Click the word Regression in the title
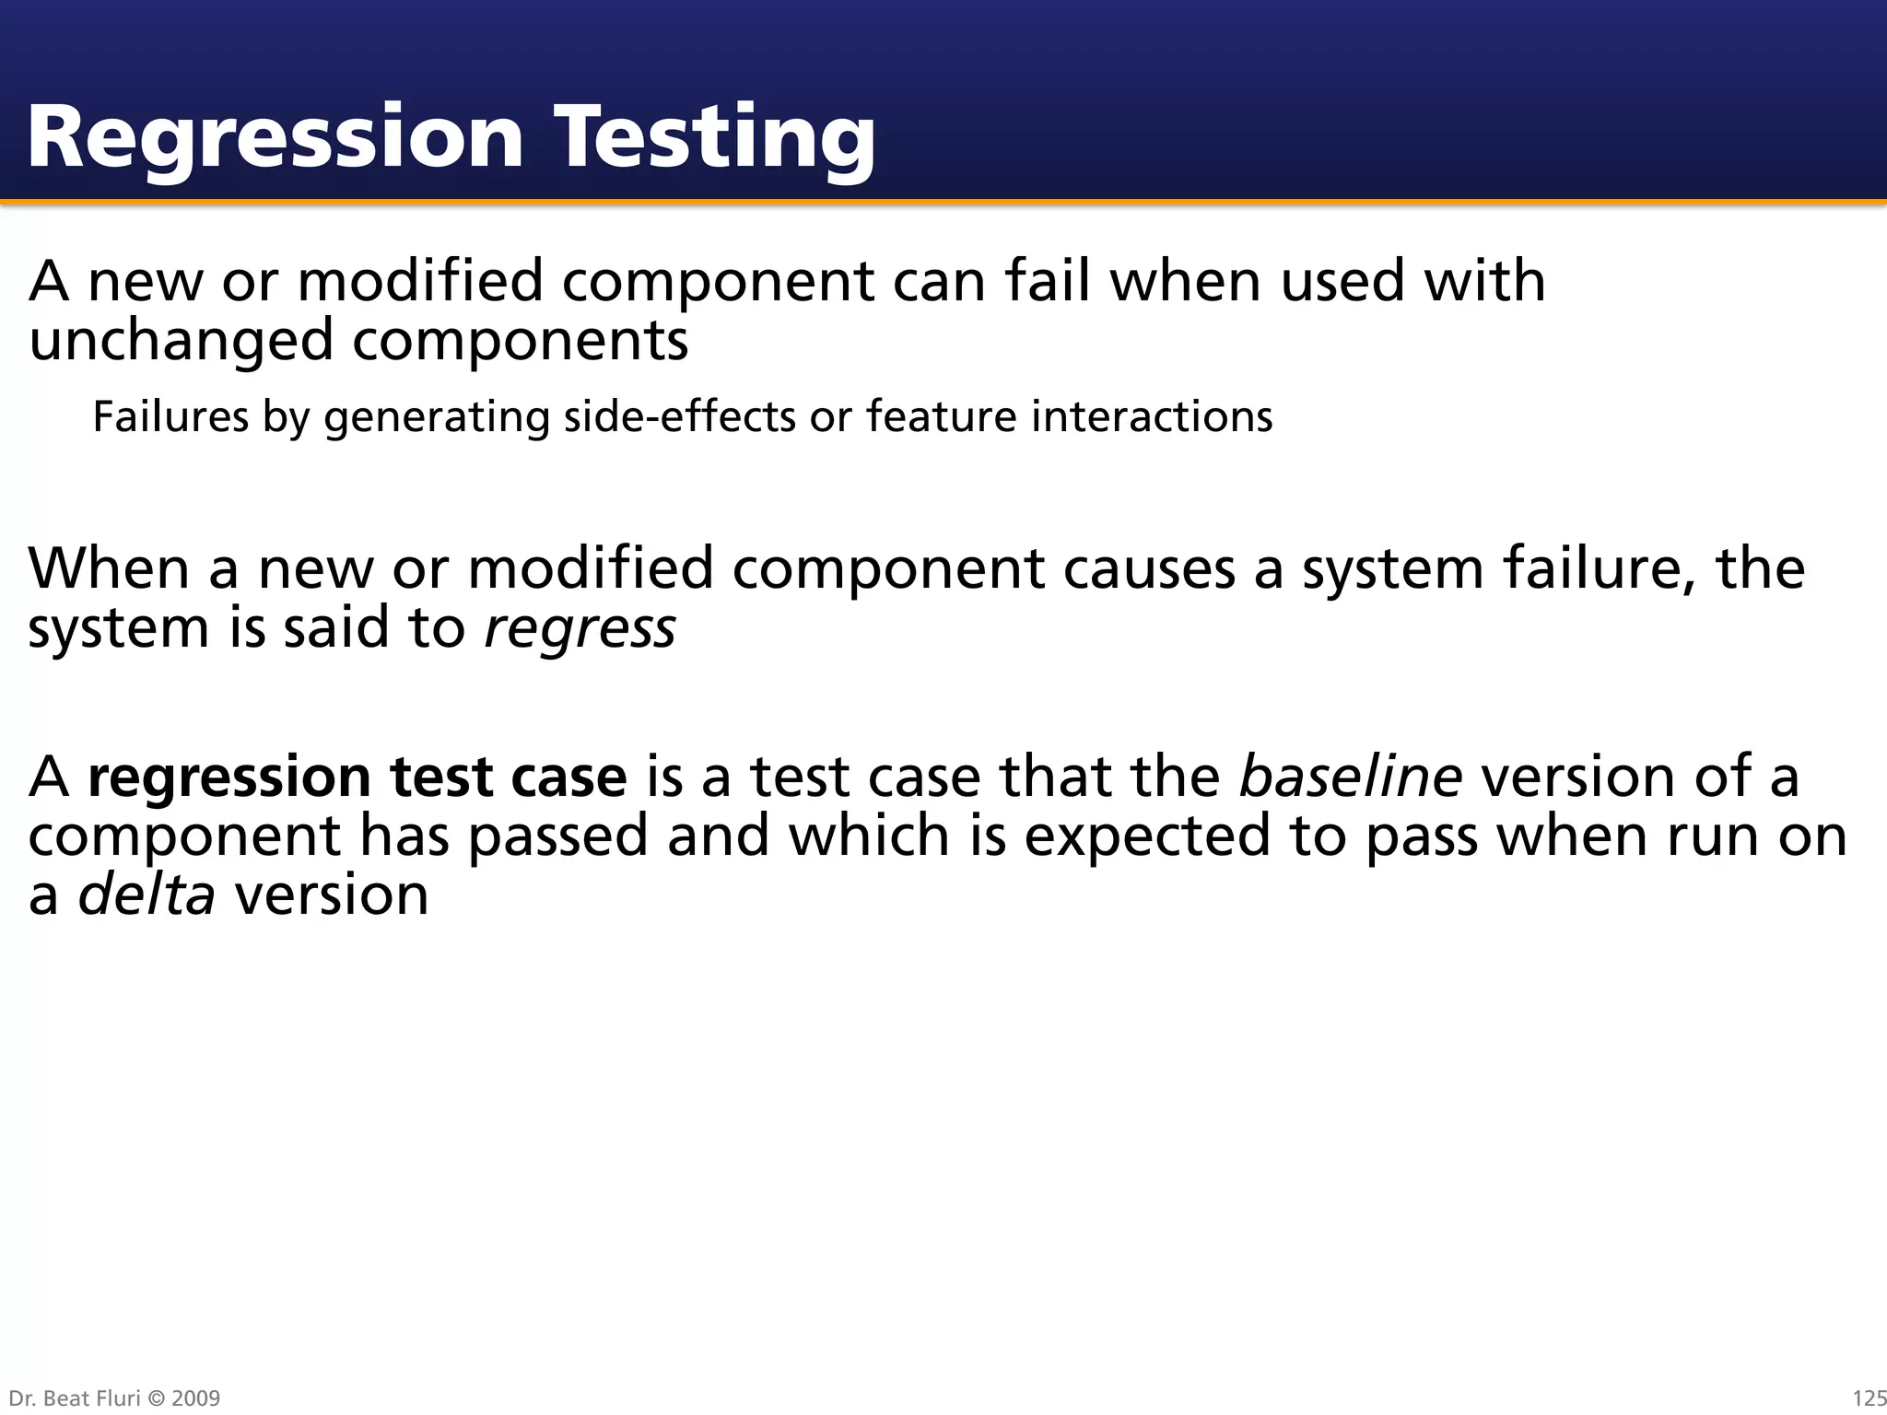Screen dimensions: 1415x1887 [275, 138]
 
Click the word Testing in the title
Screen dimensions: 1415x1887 [717, 138]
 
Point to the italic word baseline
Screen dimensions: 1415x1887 [1350, 776]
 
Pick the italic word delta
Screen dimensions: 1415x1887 [147, 894]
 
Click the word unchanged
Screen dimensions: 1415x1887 [181, 341]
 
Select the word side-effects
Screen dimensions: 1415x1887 [679, 416]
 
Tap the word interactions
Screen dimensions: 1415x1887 [1151, 416]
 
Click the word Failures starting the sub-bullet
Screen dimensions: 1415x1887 [170, 416]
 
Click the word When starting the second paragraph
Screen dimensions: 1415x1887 [109, 568]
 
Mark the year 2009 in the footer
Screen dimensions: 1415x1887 [195, 1398]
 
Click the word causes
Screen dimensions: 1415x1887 [1149, 568]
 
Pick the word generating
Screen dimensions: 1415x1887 [437, 416]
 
